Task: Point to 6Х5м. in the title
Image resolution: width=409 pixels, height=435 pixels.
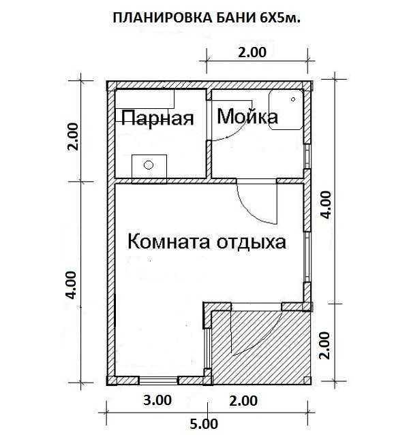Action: point(280,18)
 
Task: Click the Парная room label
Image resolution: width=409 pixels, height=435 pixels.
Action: point(157,118)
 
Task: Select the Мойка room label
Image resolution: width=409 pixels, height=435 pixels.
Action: point(247,116)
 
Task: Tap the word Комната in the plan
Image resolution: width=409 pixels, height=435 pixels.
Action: point(168,242)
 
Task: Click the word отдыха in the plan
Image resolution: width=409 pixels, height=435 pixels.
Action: point(251,242)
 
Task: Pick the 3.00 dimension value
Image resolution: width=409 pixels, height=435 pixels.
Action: point(157,400)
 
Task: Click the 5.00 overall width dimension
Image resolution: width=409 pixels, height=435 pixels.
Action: point(204,424)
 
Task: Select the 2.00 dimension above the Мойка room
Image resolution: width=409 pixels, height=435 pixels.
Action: point(252,52)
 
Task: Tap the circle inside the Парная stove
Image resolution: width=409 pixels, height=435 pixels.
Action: point(149,165)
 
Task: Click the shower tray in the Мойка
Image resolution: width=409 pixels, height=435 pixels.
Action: point(286,110)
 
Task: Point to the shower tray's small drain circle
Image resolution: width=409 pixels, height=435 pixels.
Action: point(293,99)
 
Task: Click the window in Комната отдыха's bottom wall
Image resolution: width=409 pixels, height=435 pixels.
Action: point(158,380)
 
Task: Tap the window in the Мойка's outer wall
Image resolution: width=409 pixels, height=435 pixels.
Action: point(307,157)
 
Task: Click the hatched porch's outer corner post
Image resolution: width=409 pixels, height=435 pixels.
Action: point(307,380)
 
